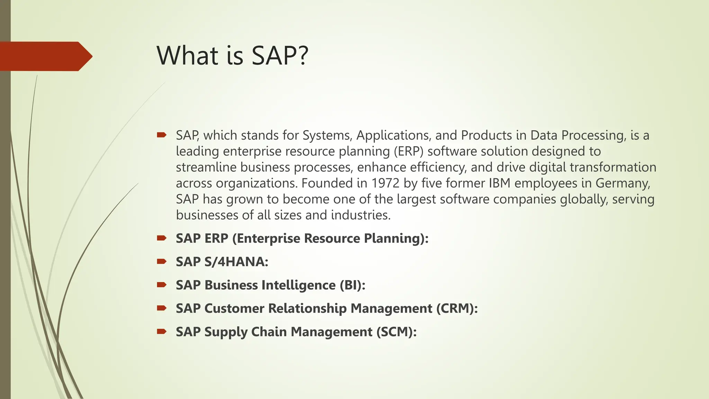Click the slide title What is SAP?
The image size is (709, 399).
click(x=232, y=55)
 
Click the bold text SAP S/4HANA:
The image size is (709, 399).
click(x=222, y=261)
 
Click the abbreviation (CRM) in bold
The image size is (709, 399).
click(x=457, y=308)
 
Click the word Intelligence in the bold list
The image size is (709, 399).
click(x=298, y=285)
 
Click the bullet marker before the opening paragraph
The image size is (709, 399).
click(x=161, y=135)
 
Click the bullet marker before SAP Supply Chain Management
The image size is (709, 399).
click(x=161, y=331)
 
